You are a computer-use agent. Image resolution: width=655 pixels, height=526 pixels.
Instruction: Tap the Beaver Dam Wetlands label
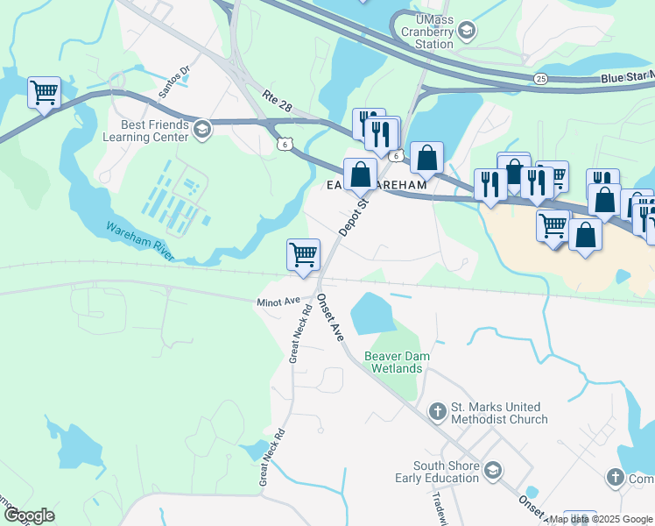click(394, 362)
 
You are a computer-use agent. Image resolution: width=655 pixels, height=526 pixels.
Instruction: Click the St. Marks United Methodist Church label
click(499, 413)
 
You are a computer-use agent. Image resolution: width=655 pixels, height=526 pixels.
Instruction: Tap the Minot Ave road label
click(278, 302)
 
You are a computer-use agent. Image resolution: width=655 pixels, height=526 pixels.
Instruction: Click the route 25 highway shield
click(541, 79)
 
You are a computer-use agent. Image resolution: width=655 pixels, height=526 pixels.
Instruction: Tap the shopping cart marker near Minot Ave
click(303, 255)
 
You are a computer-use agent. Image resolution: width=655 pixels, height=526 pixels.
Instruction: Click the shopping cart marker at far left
click(44, 92)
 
